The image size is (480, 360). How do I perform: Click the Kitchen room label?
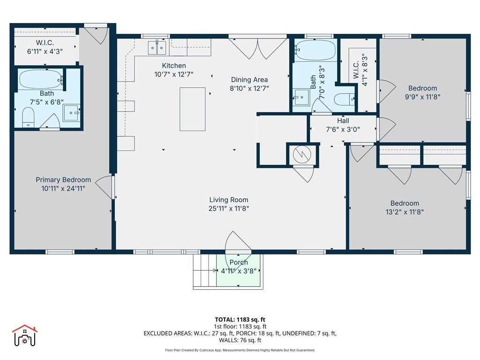(174, 66)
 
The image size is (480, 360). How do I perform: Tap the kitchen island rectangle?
(192, 109)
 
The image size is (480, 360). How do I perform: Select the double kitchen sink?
(157, 47)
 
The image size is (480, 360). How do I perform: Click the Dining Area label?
(249, 80)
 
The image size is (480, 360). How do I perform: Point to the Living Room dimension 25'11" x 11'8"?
(229, 209)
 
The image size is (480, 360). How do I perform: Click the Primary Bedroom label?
(63, 180)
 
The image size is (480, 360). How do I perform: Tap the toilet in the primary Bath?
(29, 117)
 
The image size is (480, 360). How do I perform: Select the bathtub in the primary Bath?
(40, 79)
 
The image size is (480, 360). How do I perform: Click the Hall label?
(343, 121)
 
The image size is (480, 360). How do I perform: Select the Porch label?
(239, 262)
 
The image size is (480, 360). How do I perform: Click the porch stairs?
(204, 271)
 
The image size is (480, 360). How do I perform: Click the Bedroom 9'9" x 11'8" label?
(422, 88)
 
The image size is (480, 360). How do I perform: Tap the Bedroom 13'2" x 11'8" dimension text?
(405, 212)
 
